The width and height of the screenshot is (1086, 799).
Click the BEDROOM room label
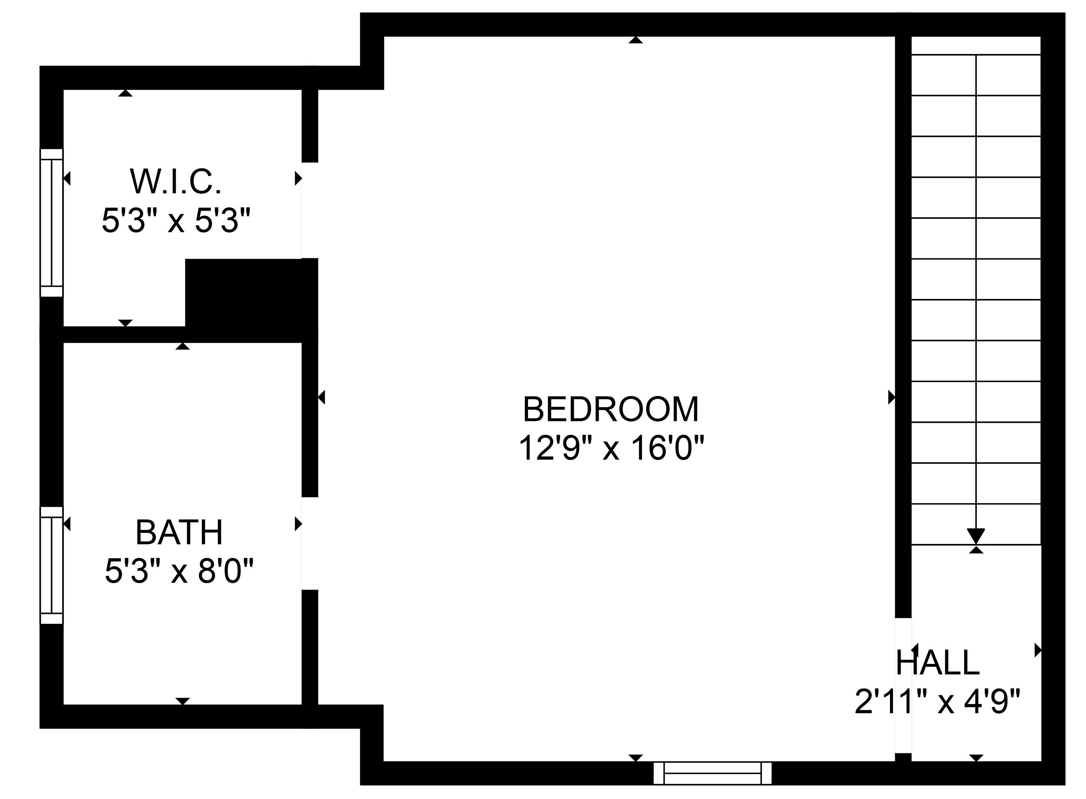tap(611, 409)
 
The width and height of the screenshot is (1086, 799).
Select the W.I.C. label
tap(176, 182)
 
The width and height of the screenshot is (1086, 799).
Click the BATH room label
tap(179, 532)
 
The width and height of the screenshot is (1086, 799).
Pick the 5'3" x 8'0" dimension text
tap(179, 571)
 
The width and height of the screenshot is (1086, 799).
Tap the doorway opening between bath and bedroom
tap(310, 543)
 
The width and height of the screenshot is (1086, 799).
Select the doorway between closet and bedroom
tap(310, 210)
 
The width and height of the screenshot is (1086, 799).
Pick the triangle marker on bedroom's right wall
tap(892, 397)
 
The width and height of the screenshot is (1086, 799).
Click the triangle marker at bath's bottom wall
tap(182, 701)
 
